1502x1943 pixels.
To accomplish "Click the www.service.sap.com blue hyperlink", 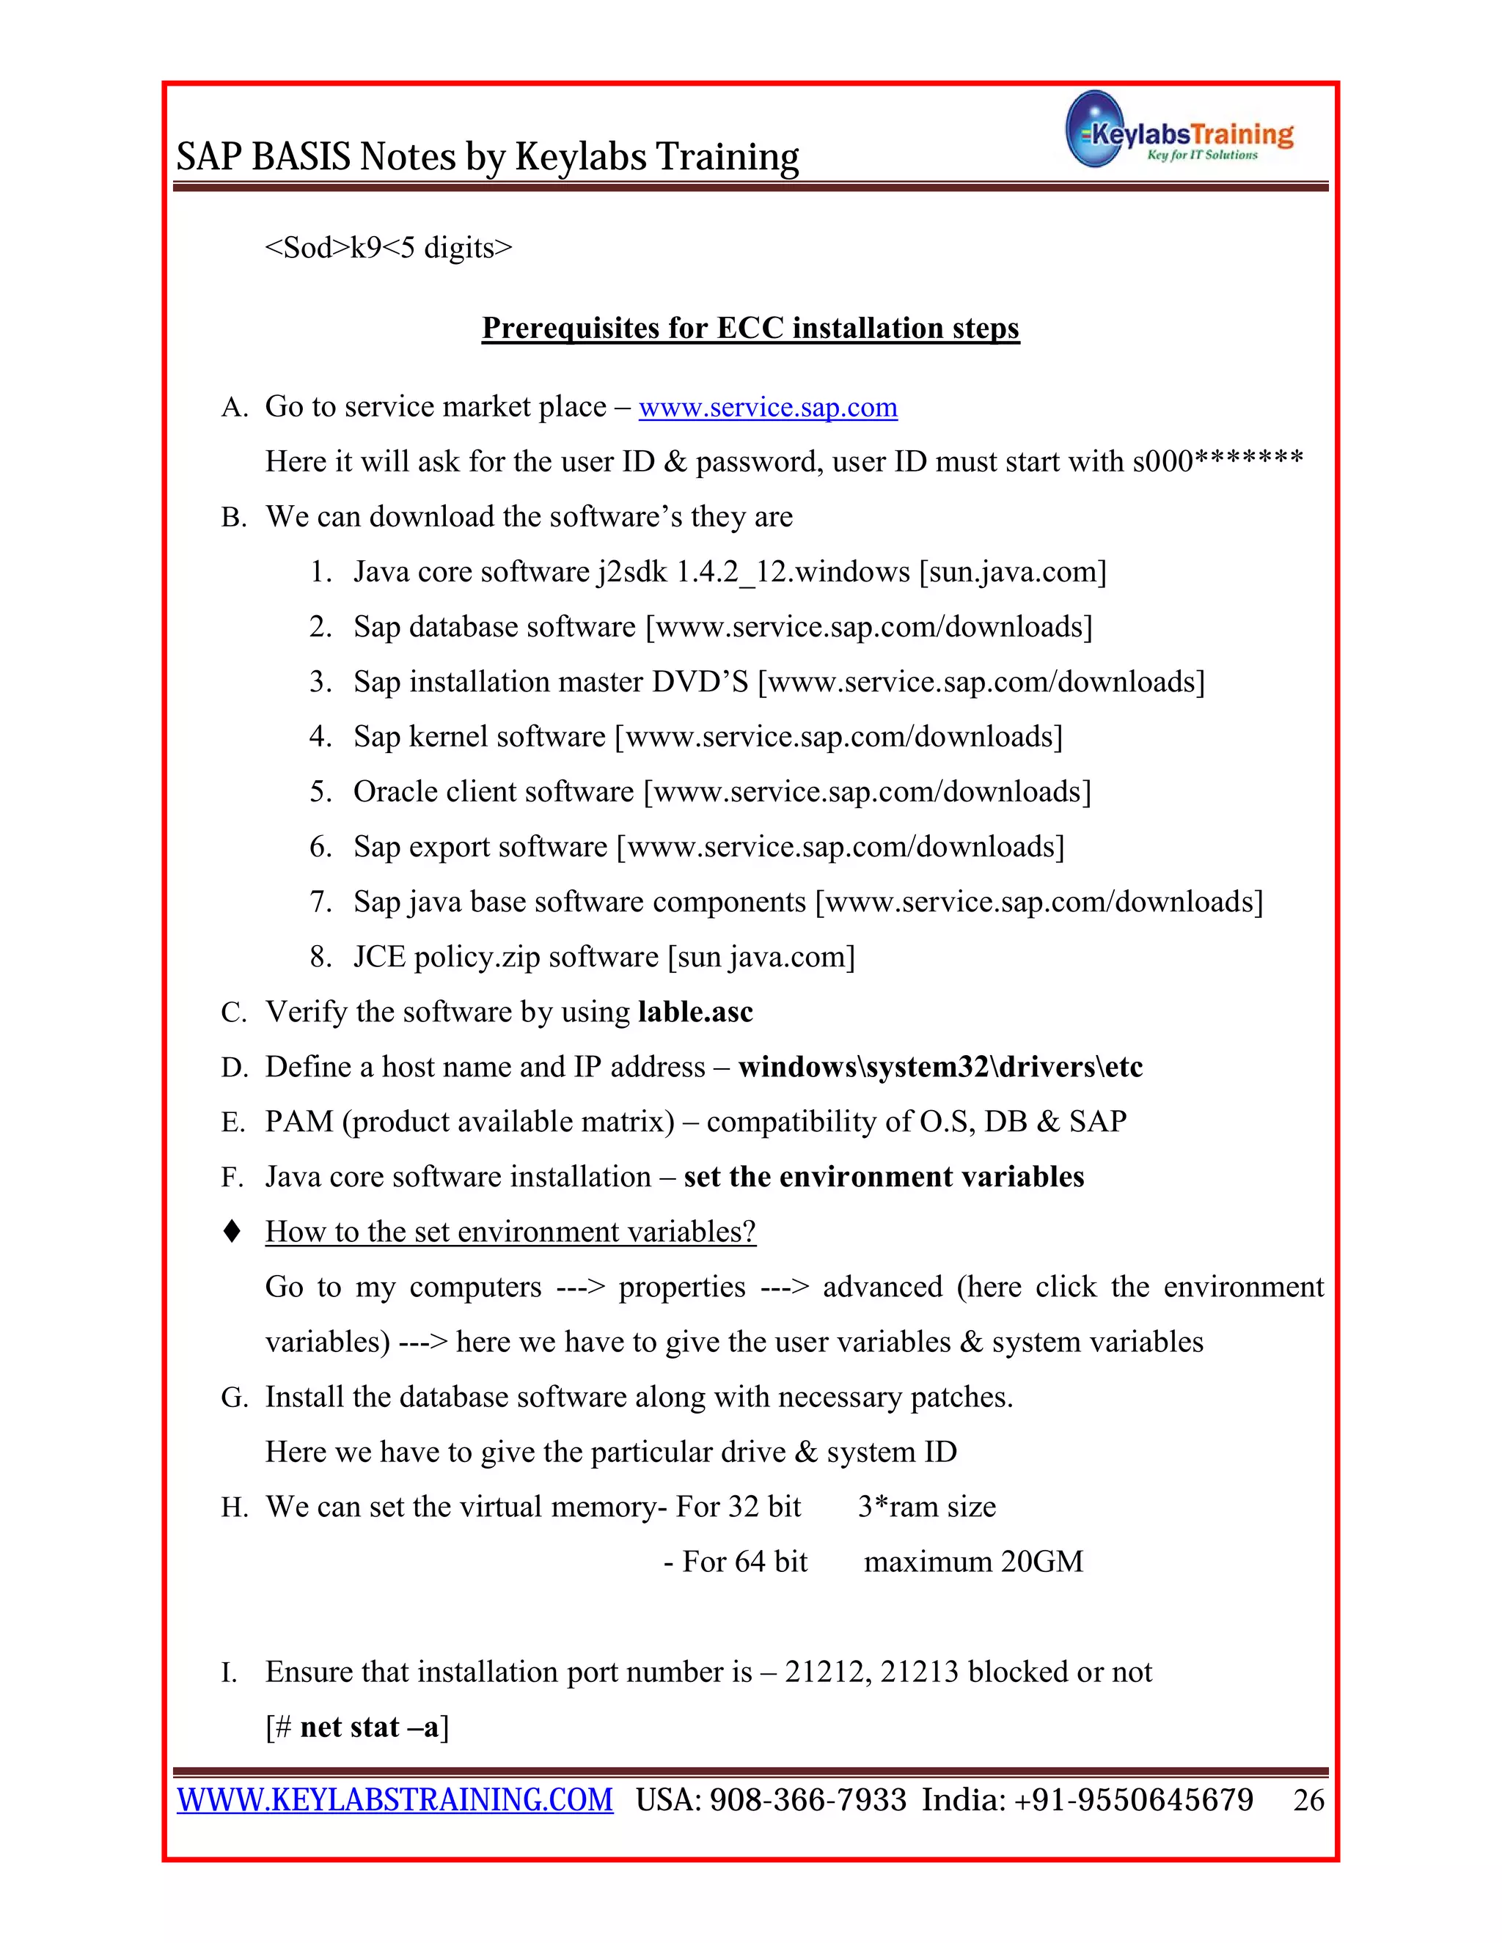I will point(768,407).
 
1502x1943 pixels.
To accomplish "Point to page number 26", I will point(1308,1800).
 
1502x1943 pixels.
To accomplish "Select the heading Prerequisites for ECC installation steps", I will point(750,328).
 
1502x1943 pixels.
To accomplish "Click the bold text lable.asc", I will point(695,1012).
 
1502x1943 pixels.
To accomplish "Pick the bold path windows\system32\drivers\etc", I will point(940,1067).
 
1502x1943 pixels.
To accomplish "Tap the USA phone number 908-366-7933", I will point(808,1800).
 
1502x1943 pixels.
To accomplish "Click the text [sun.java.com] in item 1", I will point(1013,572).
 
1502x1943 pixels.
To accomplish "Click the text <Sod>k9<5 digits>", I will point(389,247).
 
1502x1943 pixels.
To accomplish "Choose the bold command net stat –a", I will point(370,1727).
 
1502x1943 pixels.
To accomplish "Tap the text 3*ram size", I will point(926,1506).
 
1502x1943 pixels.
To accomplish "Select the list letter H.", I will point(233,1507).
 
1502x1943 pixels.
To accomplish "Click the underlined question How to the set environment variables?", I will point(510,1231).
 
